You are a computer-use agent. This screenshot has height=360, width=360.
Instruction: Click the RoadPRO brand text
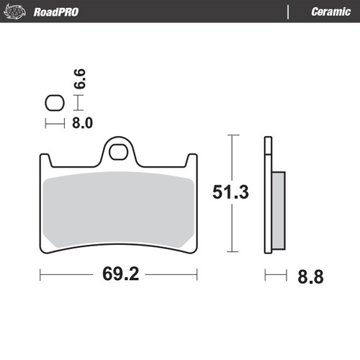point(55,12)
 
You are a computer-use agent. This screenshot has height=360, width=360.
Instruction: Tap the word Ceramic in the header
point(330,12)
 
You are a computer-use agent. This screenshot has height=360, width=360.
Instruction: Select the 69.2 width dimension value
point(119,275)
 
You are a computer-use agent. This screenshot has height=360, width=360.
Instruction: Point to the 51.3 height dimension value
point(230,193)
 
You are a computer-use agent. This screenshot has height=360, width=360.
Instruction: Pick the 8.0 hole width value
point(82,123)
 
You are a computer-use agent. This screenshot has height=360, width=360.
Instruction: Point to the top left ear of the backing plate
point(45,158)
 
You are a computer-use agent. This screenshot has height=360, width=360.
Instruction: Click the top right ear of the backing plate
point(192,158)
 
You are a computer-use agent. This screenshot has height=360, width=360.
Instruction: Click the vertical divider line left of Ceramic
point(289,12)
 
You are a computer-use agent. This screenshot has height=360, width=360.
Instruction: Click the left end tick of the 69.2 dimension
point(40,275)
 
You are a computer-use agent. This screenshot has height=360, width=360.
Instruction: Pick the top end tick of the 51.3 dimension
point(230,135)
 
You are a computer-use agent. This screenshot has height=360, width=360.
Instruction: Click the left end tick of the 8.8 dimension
point(266,275)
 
